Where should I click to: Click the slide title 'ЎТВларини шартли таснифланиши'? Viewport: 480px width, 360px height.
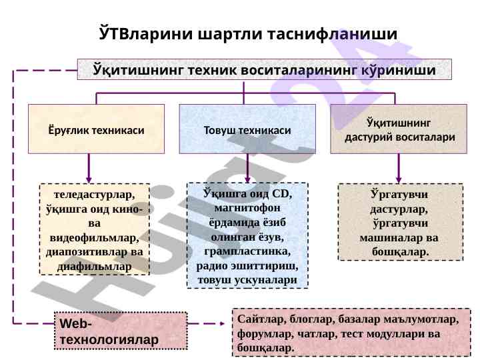[247, 33]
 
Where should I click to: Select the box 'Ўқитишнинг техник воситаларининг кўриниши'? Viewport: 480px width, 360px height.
[265, 69]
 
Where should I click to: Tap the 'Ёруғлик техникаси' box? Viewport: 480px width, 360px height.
[97, 129]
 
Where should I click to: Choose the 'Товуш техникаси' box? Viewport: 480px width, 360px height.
[247, 129]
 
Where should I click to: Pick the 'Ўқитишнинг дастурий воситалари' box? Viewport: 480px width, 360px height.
[399, 129]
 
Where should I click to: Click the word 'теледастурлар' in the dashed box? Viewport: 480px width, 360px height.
[95, 194]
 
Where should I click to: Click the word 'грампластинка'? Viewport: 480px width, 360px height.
[247, 251]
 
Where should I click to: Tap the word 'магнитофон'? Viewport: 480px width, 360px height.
[247, 208]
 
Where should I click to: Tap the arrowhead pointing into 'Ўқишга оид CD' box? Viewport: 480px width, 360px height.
[247, 177]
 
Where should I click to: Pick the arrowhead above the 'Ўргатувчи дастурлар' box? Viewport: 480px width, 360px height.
[399, 178]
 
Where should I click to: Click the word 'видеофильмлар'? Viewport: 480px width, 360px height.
[95, 237]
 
